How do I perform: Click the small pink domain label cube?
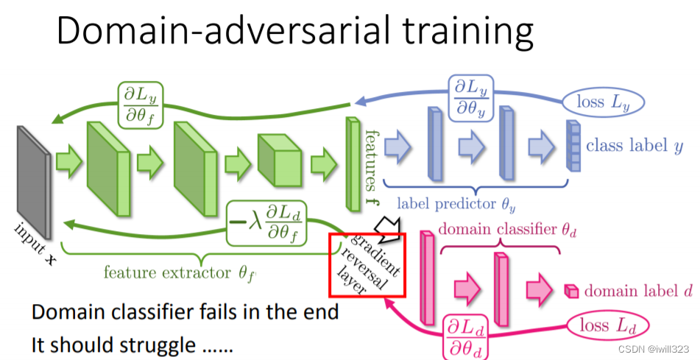[x=570, y=290]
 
